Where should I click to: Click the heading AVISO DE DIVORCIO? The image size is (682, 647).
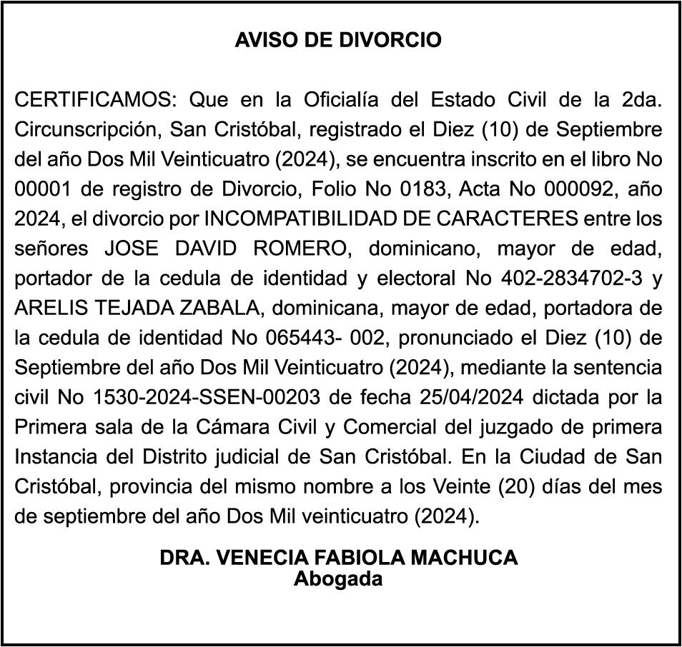click(x=338, y=40)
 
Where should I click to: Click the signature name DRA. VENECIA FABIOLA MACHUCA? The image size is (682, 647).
click(x=338, y=558)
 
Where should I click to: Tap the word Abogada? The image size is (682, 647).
click(x=338, y=579)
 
